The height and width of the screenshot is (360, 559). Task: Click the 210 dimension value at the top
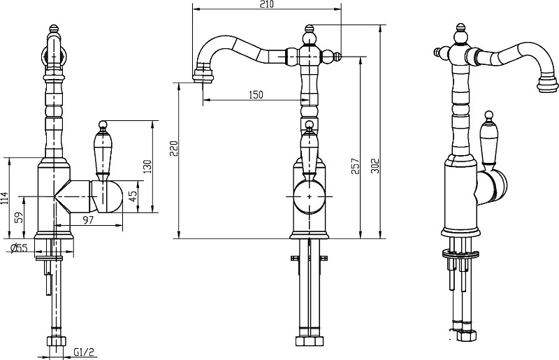tap(267, 4)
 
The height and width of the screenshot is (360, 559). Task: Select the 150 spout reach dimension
tap(256, 95)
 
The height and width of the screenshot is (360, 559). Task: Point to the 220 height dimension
tap(173, 148)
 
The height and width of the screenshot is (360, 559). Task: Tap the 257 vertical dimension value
tap(356, 166)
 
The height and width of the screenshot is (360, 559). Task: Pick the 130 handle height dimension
tap(147, 166)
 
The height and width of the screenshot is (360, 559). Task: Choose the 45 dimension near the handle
tap(133, 196)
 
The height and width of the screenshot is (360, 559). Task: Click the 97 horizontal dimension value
tap(88, 219)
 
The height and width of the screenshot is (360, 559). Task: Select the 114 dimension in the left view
tap(4, 198)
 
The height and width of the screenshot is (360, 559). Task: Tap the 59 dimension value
tap(20, 217)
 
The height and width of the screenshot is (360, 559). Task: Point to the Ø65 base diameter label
tap(19, 248)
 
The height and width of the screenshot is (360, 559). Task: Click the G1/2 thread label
tap(84, 352)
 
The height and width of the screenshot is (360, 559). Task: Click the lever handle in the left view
tap(103, 150)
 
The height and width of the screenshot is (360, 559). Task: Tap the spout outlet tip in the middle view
tap(203, 75)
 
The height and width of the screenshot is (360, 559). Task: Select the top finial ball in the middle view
tap(310, 36)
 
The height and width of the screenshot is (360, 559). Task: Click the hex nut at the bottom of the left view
tap(57, 340)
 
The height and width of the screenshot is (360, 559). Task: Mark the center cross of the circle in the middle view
tap(309, 196)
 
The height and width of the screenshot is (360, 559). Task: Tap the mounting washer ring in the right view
tap(460, 254)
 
